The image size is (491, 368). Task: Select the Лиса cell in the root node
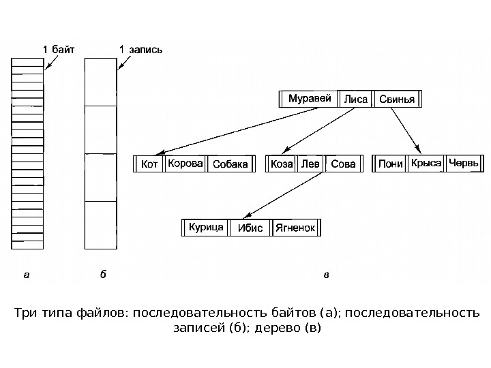356,99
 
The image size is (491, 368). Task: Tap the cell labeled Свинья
396,99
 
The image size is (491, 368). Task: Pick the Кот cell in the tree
149,164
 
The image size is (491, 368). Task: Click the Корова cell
185,164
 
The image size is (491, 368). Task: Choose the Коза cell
282,164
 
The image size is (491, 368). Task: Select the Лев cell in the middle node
310,164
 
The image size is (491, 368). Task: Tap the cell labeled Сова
342,164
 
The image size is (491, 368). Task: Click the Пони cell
390,164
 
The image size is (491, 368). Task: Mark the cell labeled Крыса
426,164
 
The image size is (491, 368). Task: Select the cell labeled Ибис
250,228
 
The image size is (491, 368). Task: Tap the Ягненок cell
295,228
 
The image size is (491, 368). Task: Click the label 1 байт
59,49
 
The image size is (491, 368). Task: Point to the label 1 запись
141,49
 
